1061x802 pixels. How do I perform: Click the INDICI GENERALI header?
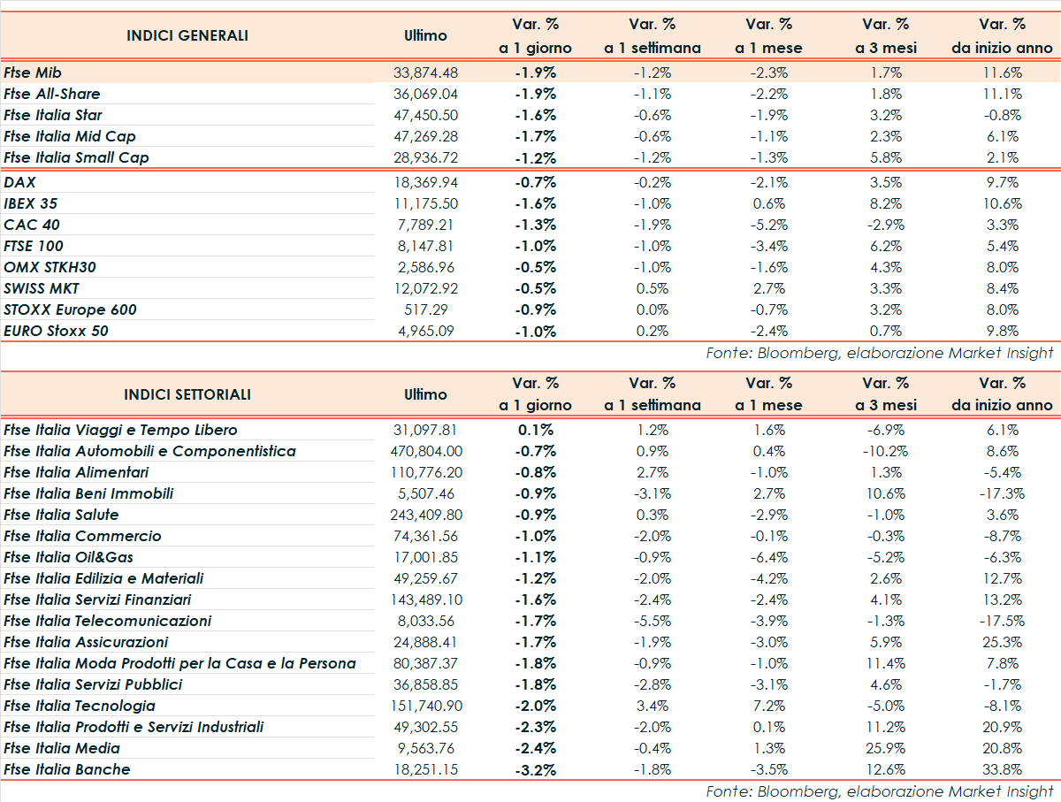187,35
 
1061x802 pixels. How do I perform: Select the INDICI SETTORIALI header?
187,394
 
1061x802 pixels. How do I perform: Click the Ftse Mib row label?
33,73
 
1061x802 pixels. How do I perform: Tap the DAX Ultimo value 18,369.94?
426,182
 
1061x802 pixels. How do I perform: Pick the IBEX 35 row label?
32,203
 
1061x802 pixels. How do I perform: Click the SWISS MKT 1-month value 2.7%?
768,288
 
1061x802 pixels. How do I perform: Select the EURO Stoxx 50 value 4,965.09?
426,331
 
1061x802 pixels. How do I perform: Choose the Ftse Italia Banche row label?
67,769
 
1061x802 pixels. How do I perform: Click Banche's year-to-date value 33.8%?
1002,769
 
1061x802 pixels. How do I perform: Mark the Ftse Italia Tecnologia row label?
80,706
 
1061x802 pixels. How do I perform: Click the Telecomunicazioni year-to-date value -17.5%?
1002,621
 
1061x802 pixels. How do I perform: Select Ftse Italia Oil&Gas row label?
69,557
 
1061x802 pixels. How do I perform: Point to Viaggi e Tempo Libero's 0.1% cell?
536,430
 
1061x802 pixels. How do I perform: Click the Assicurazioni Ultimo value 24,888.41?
426,642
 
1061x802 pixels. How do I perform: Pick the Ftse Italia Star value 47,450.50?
426,115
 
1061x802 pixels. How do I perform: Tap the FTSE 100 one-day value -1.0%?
535,246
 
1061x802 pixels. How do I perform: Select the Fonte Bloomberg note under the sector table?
880,791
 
